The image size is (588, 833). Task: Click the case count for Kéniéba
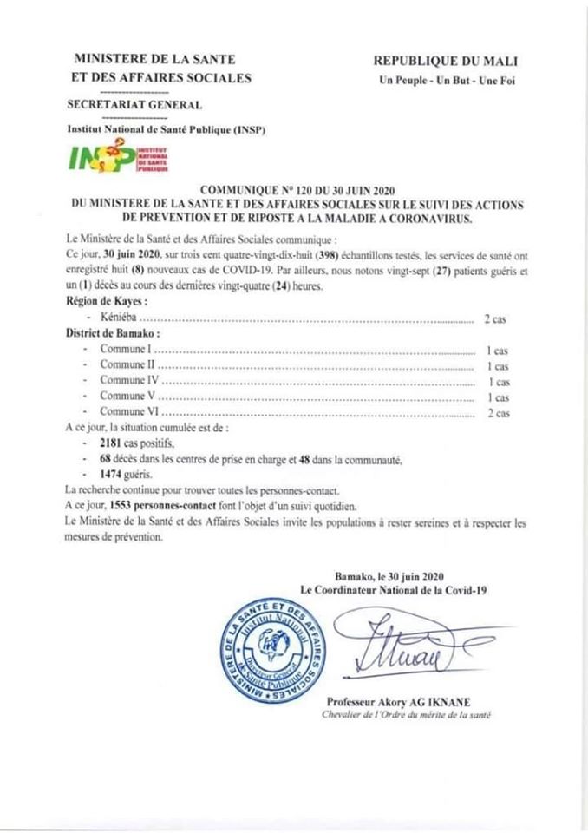(495, 319)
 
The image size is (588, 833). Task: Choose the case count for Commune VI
(497, 413)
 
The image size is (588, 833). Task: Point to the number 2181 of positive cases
(114, 443)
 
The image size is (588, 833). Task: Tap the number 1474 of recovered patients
(114, 474)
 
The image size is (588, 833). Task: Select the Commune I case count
(496, 351)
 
